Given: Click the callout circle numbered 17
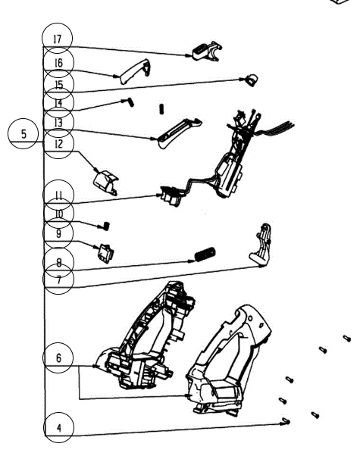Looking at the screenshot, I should pyautogui.click(x=58, y=38).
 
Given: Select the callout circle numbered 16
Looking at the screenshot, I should pyautogui.click(x=58, y=62).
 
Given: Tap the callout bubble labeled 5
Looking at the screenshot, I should pyautogui.click(x=23, y=134).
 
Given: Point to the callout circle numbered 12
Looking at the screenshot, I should pyautogui.click(x=58, y=143).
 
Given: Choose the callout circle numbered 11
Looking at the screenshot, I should pyautogui.click(x=58, y=193).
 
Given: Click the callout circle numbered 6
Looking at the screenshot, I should pyautogui.click(x=58, y=358).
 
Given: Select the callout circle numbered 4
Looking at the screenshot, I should pyautogui.click(x=58, y=428).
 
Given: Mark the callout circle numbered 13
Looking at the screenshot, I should pyautogui.click(x=58, y=121).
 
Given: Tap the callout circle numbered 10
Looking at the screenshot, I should pyautogui.click(x=58, y=214).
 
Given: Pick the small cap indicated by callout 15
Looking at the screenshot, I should pyautogui.click(x=247, y=78).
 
